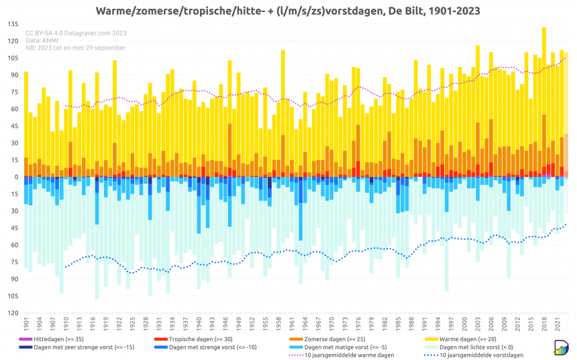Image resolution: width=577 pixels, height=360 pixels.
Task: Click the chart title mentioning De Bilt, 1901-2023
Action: coord(288,11)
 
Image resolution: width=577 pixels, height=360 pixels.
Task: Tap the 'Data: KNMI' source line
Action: coord(42,40)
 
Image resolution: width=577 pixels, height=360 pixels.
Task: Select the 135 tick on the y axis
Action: coord(13,24)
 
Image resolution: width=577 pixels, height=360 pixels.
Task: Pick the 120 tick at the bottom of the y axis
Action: coord(13,313)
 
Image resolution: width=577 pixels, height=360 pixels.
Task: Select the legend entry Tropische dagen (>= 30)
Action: coord(196,340)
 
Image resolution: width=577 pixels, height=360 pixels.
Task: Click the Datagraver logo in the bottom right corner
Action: coord(562,347)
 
